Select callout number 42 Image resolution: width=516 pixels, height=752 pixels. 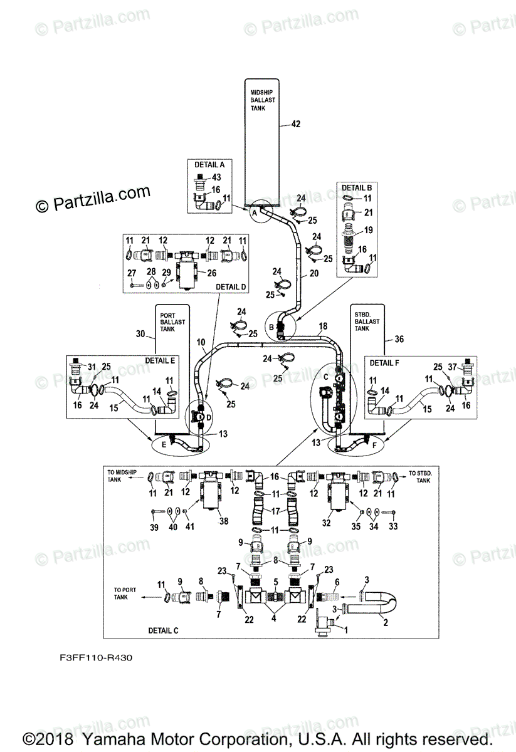pos(296,125)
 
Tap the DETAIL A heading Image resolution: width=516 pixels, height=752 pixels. pos(205,165)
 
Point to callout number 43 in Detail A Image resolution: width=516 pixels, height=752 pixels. pos(216,178)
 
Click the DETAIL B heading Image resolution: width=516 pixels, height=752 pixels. pos(357,187)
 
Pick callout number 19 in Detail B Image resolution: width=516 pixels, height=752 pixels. pos(368,230)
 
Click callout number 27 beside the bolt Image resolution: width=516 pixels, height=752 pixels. pos(132,272)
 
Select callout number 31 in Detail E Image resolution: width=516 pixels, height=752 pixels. pos(92,367)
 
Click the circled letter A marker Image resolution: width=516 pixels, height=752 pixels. pos(255,213)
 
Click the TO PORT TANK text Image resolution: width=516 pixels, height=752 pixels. pos(123,593)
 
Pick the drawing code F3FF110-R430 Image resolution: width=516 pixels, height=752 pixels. pos(88,659)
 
